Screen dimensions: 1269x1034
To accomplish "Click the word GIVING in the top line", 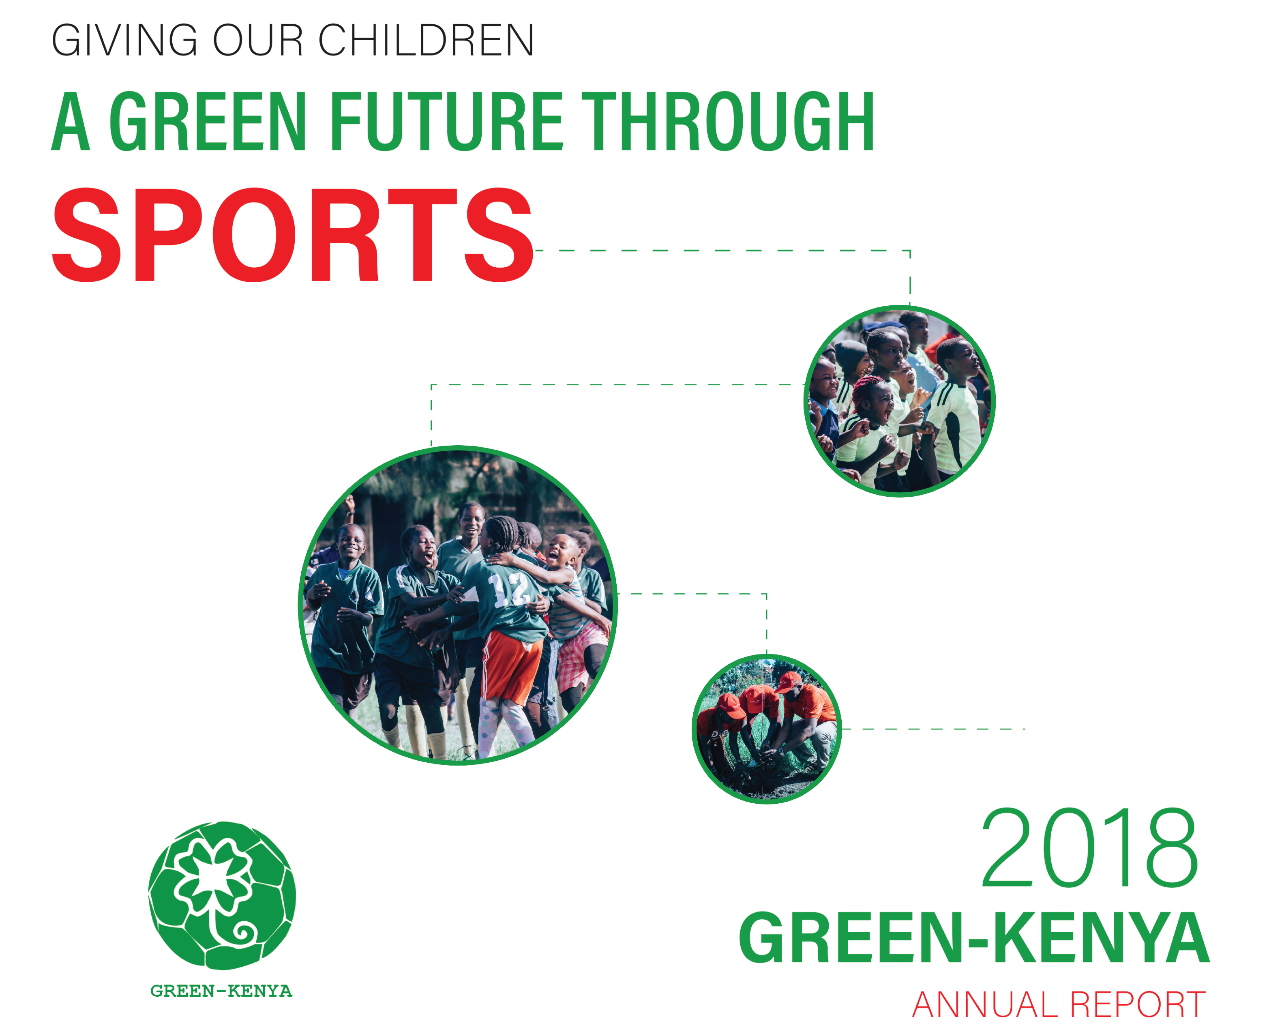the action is [x=124, y=41].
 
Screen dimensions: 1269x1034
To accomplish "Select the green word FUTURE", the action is [x=446, y=122].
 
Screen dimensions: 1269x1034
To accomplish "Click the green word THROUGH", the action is [x=727, y=122].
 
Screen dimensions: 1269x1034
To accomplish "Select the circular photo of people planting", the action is [x=766, y=729].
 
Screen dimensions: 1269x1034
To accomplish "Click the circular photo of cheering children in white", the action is [x=899, y=401].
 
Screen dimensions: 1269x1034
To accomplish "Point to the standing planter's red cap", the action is [x=788, y=682].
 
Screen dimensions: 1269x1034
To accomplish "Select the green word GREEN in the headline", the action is [x=208, y=122].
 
